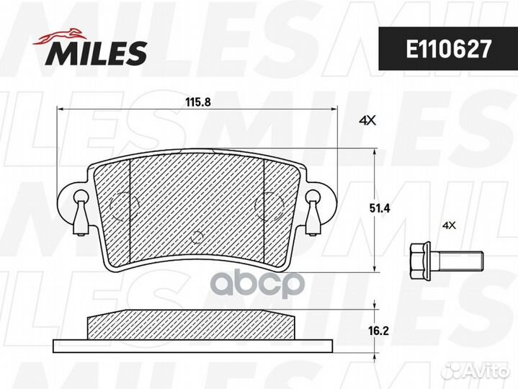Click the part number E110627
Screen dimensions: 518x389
(448, 49)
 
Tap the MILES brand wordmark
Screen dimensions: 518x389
(97, 53)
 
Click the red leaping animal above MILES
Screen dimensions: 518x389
(59, 36)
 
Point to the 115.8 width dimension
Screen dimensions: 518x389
(198, 102)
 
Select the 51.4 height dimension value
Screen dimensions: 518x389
(379, 208)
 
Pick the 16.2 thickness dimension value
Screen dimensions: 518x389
(378, 331)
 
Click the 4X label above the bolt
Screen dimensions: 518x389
(449, 225)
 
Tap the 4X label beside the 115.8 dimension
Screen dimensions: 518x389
(367, 121)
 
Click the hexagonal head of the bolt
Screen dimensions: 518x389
(420, 259)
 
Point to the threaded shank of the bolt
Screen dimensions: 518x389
(457, 260)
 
